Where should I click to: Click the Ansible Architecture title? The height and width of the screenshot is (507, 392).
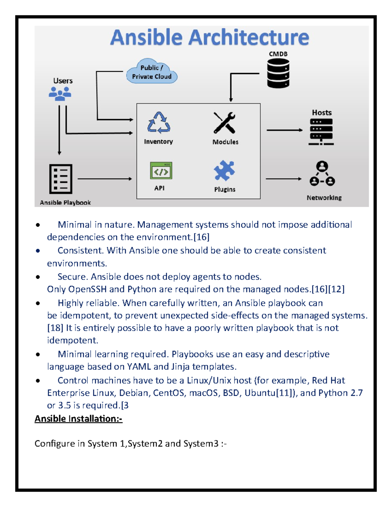pos(209,37)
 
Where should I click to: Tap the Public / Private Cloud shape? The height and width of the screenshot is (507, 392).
pos(152,72)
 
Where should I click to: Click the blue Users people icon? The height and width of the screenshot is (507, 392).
pos(60,94)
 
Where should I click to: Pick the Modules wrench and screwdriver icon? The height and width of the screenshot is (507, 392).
pos(224,123)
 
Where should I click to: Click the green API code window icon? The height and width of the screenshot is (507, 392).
pos(161,171)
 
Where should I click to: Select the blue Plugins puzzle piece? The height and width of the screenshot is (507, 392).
pos(224,170)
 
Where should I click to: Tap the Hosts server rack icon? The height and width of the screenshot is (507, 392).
pos(321,132)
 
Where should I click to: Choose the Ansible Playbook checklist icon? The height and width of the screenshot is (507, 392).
pos(61,179)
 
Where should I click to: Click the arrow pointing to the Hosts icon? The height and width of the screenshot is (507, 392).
pos(285,130)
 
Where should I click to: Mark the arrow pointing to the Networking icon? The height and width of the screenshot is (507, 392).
pos(284,179)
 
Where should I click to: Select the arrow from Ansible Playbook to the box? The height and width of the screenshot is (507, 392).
pos(105,179)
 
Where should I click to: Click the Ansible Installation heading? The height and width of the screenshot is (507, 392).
pos(78,419)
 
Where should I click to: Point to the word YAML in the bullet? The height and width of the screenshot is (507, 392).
pos(139,367)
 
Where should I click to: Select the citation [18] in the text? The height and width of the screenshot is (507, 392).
pos(55,328)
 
